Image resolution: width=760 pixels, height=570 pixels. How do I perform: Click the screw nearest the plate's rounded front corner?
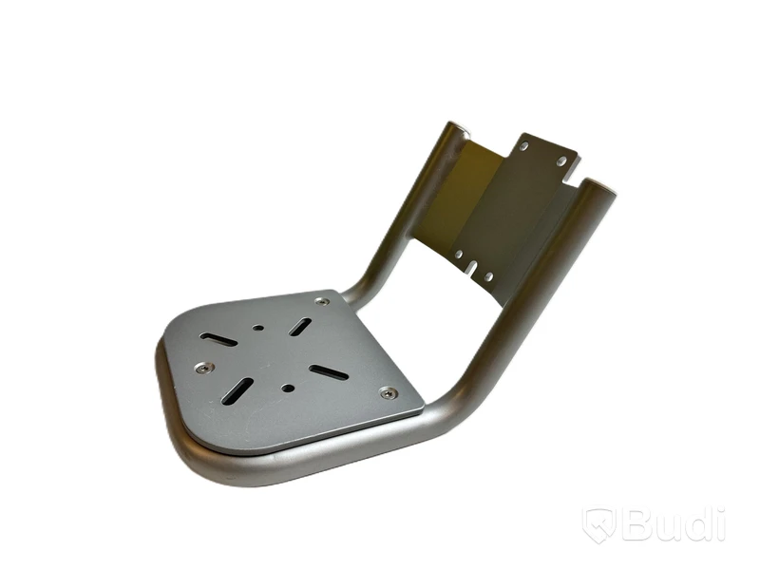pyautogui.click(x=205, y=367)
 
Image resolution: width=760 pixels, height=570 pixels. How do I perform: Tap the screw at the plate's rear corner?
pyautogui.click(x=320, y=301)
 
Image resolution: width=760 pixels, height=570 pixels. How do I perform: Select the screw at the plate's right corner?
pyautogui.click(x=388, y=393)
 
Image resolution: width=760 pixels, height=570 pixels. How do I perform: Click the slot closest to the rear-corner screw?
pyautogui.click(x=300, y=327)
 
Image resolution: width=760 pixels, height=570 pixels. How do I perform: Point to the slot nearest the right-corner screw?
pyautogui.click(x=329, y=372)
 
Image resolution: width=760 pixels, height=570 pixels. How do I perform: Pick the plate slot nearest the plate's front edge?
pyautogui.click(x=237, y=391)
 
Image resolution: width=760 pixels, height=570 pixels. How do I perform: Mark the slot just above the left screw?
pyautogui.click(x=219, y=339)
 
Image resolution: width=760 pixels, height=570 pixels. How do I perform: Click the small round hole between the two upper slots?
pyautogui.click(x=259, y=328)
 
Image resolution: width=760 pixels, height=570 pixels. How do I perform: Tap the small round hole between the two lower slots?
pyautogui.click(x=288, y=388)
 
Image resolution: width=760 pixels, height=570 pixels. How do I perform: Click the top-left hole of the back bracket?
pyautogui.click(x=525, y=145)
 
